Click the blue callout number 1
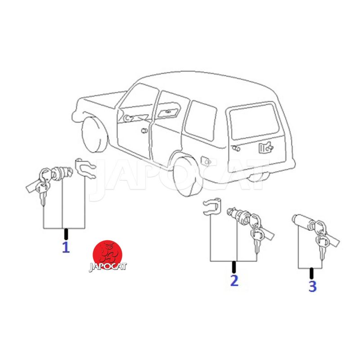click(66, 247)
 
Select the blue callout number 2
click(234, 280)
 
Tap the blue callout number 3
click(312, 286)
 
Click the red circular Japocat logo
click(108, 255)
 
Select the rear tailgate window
click(254, 121)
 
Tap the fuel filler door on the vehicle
click(206, 161)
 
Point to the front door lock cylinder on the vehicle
click(144, 131)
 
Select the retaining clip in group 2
click(212, 207)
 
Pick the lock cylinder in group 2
click(238, 215)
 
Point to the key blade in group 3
click(321, 253)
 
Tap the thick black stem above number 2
click(234, 267)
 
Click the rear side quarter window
click(200, 121)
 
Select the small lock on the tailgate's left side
click(236, 148)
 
